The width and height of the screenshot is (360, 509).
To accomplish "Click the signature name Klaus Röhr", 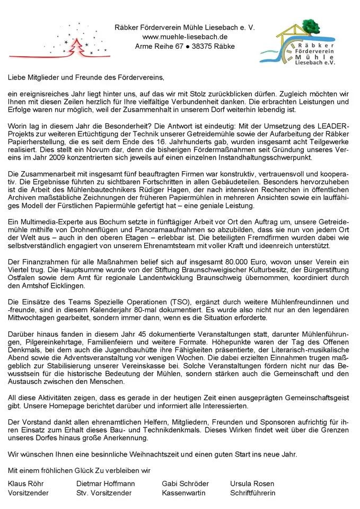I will tap(26, 484).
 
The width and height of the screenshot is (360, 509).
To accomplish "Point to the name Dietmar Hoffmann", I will tap(106, 484).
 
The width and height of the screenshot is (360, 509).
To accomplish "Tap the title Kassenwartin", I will tap(184, 493).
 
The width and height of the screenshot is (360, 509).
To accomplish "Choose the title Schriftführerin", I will tap(252, 493).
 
